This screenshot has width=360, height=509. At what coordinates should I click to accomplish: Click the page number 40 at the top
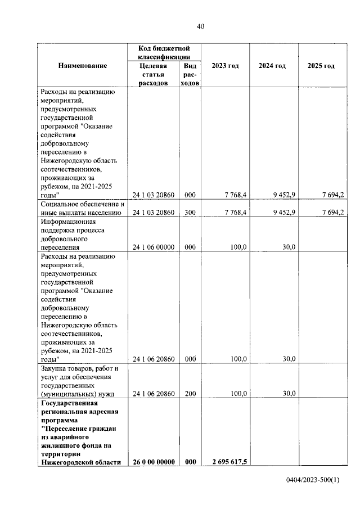pos(200,26)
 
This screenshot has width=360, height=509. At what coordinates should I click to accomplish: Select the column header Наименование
pos(82,66)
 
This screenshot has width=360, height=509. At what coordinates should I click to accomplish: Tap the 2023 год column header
pos(225,66)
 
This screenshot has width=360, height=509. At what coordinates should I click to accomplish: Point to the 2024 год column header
pos(272,66)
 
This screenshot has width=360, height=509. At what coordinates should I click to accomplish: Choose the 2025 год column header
pos(321,66)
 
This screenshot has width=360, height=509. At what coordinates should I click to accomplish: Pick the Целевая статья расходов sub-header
pos(154,74)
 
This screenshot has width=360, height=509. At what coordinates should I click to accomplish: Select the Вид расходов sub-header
pos(190,74)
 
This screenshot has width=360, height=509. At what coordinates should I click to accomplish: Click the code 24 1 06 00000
pos(154,247)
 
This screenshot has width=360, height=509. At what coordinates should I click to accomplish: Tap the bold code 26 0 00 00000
pos(154,462)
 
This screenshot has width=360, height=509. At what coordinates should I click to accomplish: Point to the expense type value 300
pos(190,213)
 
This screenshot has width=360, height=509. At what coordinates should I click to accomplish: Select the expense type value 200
pos(190,394)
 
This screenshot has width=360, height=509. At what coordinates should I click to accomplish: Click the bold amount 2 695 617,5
pos(230,462)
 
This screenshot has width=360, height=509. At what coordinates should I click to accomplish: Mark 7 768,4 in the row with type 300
pos(236,213)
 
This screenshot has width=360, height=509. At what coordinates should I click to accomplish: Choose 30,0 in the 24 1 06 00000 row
pos(289,247)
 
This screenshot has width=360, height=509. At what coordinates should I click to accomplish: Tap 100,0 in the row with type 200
pos(238,394)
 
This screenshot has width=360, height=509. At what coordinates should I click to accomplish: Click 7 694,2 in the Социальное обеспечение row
pos(334,213)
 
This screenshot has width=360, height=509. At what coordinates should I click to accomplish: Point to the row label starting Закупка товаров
pos(79,381)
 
